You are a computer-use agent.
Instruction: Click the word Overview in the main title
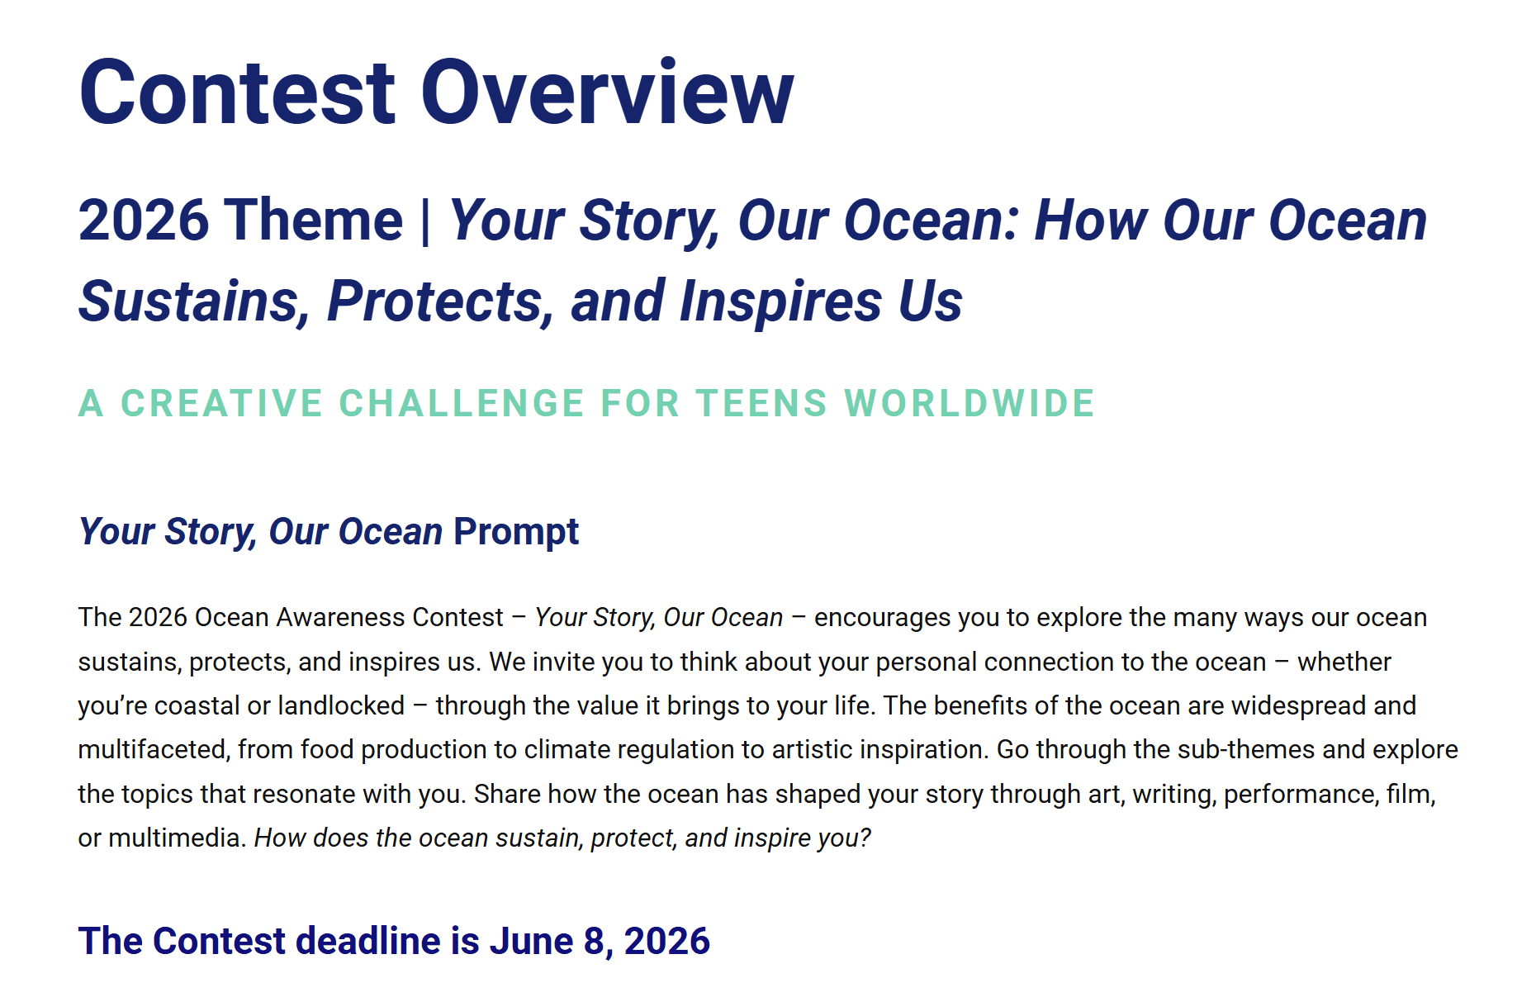pos(607,93)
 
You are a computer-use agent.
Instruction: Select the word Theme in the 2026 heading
pos(314,221)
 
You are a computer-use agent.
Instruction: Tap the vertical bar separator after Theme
pos(425,221)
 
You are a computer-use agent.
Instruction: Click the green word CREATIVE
pos(221,404)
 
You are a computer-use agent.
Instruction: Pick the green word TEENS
pos(761,404)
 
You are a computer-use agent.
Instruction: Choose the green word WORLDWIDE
pos(969,404)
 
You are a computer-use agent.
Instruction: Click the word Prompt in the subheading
pos(516,532)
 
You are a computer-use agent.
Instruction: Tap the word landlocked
pos(341,706)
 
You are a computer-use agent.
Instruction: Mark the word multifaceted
pos(152,750)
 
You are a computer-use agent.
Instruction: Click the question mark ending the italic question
pos(865,838)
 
